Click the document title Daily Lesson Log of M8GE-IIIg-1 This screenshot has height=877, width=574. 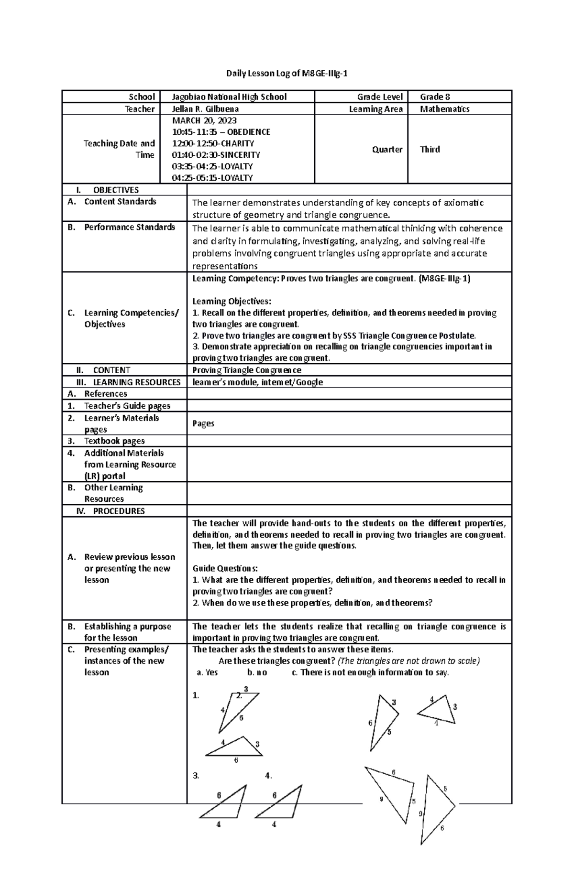pyautogui.click(x=287, y=73)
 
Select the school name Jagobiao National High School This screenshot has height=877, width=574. pyautogui.click(x=229, y=97)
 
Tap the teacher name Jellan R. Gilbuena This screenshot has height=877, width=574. pyautogui.click(x=205, y=109)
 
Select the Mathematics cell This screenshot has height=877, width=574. pyautogui.click(x=444, y=109)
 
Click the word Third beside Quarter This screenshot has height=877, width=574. pyautogui.click(x=430, y=150)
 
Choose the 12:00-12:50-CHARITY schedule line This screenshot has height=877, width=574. pyautogui.click(x=213, y=143)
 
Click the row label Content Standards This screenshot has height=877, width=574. pyautogui.click(x=120, y=202)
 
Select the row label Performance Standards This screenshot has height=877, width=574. pyautogui.click(x=129, y=227)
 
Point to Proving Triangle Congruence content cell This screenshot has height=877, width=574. pyautogui.click(x=246, y=370)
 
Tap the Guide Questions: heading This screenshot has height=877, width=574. pyautogui.click(x=225, y=569)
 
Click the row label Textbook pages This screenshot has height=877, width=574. pyautogui.click(x=114, y=441)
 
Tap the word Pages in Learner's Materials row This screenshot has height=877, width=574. pyautogui.click(x=203, y=423)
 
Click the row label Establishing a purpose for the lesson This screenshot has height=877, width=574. pyautogui.click(x=127, y=632)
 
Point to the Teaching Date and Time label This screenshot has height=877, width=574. pyautogui.click(x=119, y=149)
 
